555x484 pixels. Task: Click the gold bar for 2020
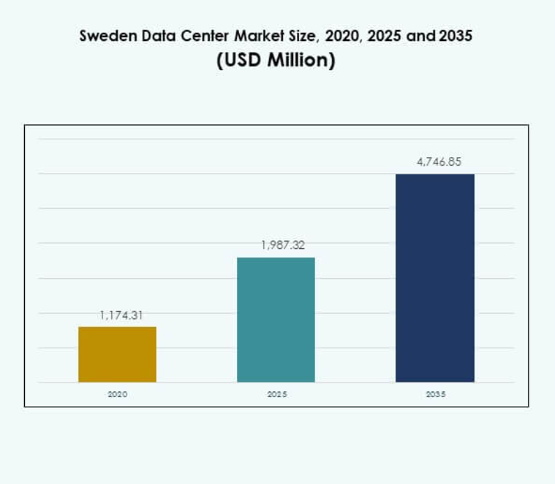pos(117,354)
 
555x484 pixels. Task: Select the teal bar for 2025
pos(276,320)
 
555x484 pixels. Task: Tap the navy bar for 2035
pos(434,277)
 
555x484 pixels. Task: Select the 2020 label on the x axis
pos(117,393)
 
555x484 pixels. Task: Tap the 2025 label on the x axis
pos(276,393)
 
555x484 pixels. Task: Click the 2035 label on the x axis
pos(435,393)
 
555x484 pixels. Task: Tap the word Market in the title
pos(246,36)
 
